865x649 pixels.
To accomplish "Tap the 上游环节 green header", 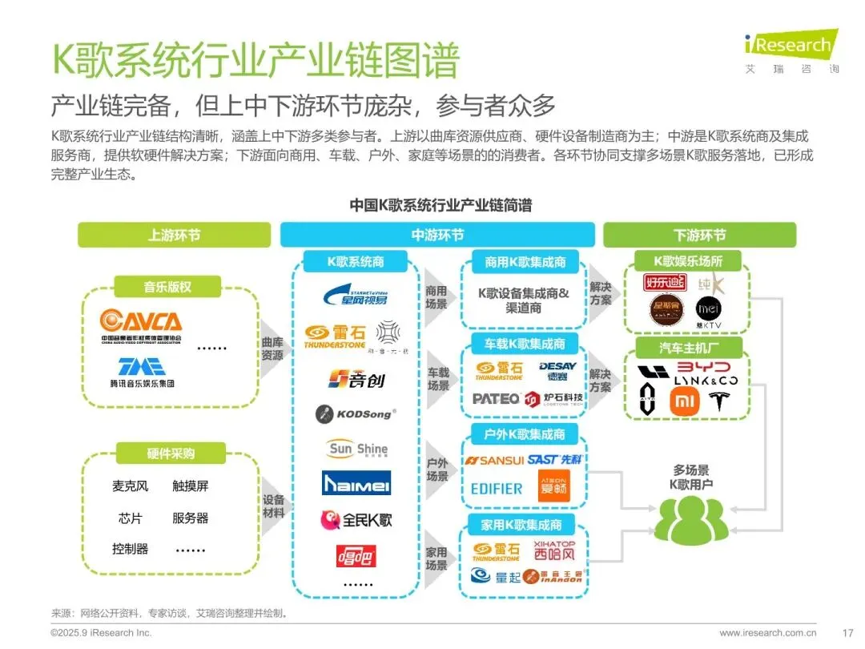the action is pyautogui.click(x=174, y=235).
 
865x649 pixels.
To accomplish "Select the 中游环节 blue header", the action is pyautogui.click(x=437, y=235).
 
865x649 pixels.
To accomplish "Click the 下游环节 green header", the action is pyautogui.click(x=699, y=235).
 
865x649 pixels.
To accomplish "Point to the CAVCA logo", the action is pyautogui.click(x=141, y=324).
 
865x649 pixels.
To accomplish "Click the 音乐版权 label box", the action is pyautogui.click(x=169, y=286).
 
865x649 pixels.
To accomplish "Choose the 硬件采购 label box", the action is pyautogui.click(x=170, y=453).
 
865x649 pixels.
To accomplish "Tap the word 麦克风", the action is pyautogui.click(x=131, y=486).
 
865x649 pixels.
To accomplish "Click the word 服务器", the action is pyautogui.click(x=190, y=518).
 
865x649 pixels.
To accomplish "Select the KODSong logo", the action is pyautogui.click(x=355, y=414).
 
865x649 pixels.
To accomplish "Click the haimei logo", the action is pyautogui.click(x=356, y=483).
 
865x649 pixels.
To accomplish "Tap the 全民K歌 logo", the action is pyautogui.click(x=356, y=520).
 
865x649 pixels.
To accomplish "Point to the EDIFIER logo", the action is pyautogui.click(x=497, y=488).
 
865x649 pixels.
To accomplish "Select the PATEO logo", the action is pyautogui.click(x=496, y=399).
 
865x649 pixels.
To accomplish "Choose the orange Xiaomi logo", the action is pyautogui.click(x=684, y=400).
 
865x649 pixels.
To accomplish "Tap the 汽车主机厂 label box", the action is pyautogui.click(x=688, y=347).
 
